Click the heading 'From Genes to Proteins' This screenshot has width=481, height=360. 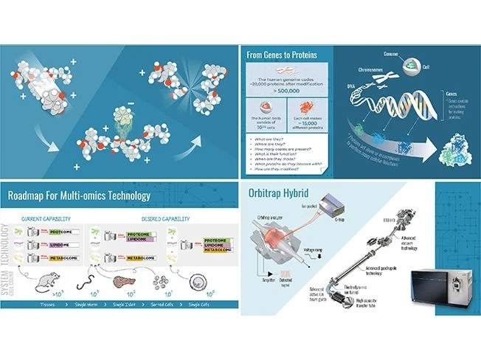pos(286,54)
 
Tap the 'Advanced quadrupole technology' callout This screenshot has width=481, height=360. pos(379,271)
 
